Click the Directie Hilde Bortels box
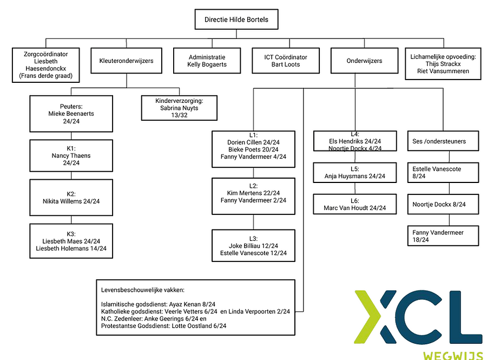coord(236,19)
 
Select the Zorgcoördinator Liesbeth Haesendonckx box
coord(45,65)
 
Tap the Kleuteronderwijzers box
coord(126,61)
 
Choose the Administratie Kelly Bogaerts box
coord(207,61)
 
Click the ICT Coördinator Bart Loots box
coord(285,61)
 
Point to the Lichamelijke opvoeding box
coord(443,64)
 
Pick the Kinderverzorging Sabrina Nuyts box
coord(179,108)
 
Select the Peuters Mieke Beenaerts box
coord(71,114)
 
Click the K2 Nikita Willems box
coord(71,198)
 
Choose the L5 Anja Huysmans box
coord(354,172)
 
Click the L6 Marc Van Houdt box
coord(354,204)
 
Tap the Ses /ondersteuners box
coord(443,141)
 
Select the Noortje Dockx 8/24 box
coord(443,205)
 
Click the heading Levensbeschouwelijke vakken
coord(142,290)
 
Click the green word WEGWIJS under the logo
coord(453,355)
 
